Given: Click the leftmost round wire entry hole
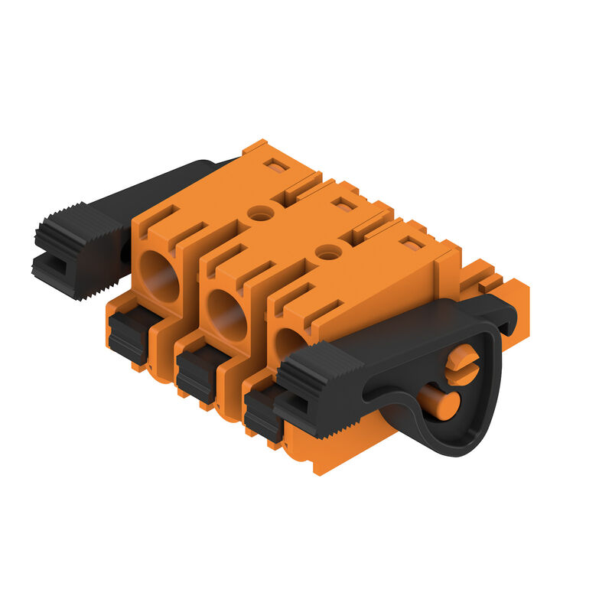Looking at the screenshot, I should [160, 276].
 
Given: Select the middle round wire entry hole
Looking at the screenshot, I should [227, 314].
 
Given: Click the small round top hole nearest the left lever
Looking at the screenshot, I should [261, 215].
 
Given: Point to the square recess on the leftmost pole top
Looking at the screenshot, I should [278, 166].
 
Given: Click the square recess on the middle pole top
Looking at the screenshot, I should [346, 204].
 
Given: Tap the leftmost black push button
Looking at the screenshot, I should [129, 334].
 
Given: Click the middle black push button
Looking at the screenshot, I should [196, 373].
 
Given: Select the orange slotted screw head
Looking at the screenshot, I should [462, 364].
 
